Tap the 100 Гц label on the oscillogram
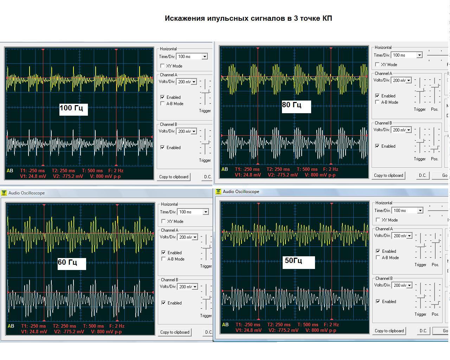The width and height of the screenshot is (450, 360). pyautogui.click(x=71, y=108)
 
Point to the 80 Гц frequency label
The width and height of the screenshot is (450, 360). pyautogui.click(x=292, y=105)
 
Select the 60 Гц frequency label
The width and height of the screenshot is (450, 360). pyautogui.click(x=67, y=262)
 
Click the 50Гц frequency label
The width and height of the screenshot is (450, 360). pyautogui.click(x=294, y=261)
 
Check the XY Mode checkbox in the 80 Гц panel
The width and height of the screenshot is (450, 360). pyautogui.click(x=377, y=64)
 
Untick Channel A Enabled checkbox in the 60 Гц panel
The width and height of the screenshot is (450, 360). pyautogui.click(x=163, y=252)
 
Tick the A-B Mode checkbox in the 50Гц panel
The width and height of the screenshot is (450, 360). pyautogui.click(x=378, y=257)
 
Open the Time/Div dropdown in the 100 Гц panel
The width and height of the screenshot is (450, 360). pyautogui.click(x=205, y=57)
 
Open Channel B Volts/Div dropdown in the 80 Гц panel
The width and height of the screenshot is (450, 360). pyautogui.click(x=409, y=130)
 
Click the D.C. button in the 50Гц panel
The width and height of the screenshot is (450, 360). pyautogui.click(x=423, y=331)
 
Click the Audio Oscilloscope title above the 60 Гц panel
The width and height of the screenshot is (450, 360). pyautogui.click(x=27, y=193)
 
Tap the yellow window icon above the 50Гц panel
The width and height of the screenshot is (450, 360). pyautogui.click(x=218, y=192)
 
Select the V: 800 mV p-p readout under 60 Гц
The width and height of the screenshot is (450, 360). pyautogui.click(x=106, y=332)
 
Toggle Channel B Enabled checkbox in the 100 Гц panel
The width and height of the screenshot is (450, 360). pyautogui.click(x=162, y=147)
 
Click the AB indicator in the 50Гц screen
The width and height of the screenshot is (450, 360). pyautogui.click(x=225, y=324)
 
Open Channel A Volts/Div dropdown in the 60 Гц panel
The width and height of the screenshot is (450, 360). pyautogui.click(x=194, y=237)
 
